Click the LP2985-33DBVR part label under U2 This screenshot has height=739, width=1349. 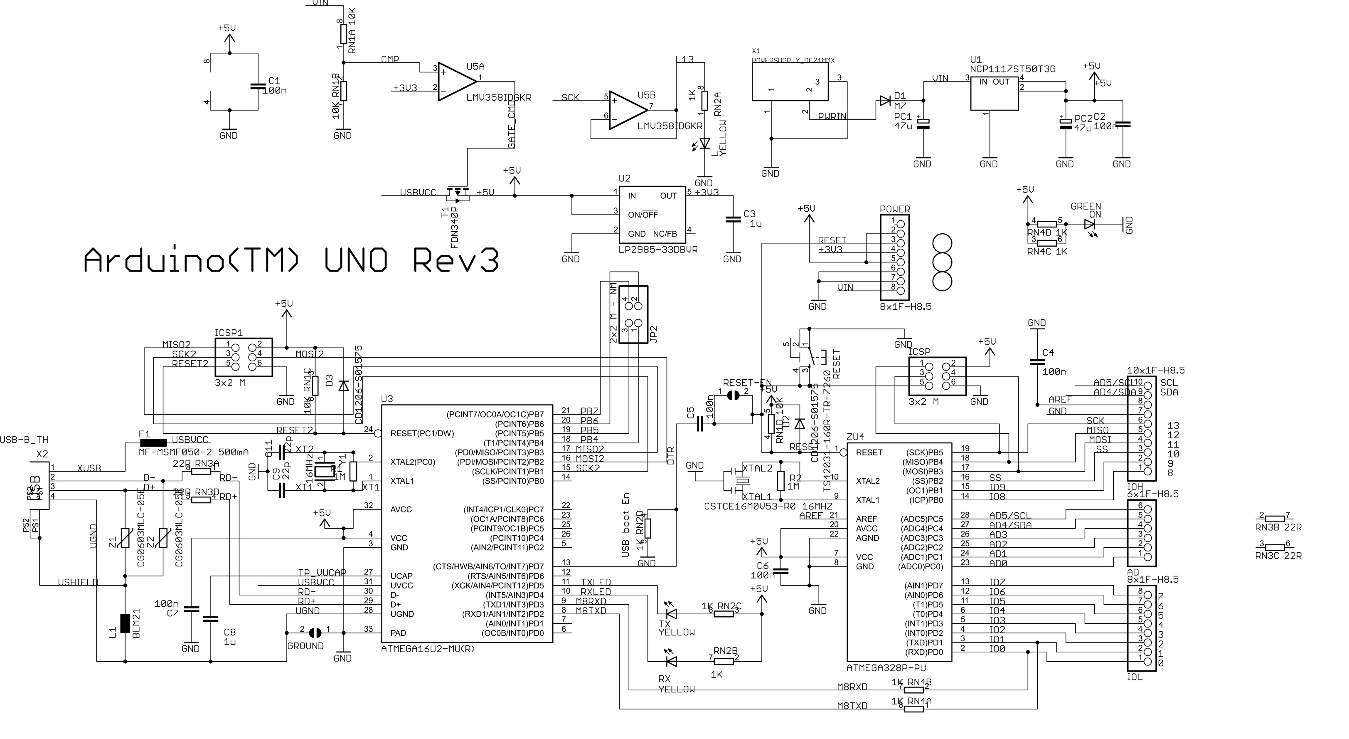coord(658,250)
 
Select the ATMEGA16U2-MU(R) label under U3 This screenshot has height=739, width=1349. coord(428,649)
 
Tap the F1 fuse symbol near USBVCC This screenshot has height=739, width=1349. coord(153,443)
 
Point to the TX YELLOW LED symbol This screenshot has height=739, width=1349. coord(670,613)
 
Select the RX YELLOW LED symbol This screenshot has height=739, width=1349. coord(670,661)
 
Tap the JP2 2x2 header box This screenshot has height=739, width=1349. coord(633,314)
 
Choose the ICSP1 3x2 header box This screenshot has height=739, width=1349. coord(244,356)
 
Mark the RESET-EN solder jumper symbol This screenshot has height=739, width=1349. coord(733,396)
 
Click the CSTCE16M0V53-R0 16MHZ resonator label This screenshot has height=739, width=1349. coord(768,506)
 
